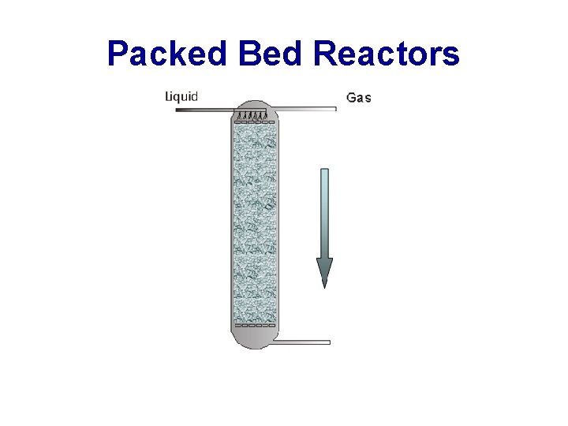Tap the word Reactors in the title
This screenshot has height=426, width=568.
(386, 54)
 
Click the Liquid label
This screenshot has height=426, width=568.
(181, 97)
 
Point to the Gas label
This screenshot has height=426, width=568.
(359, 99)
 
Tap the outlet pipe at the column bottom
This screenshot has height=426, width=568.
(304, 342)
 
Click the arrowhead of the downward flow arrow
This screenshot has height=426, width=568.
(324, 272)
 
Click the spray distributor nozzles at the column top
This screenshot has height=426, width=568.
(253, 118)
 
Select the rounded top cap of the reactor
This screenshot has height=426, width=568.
(253, 106)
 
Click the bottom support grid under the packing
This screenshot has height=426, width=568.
(253, 324)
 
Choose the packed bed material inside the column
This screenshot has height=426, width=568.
(253, 221)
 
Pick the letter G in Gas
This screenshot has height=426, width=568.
(352, 99)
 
